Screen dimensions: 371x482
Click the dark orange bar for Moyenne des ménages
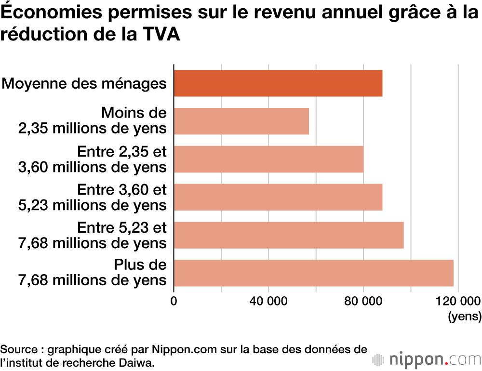(278, 83)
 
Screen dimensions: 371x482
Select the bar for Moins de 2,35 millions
(241, 121)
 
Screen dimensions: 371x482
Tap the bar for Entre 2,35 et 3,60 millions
(268, 159)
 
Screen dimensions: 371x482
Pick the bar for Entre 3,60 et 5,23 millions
(278, 197)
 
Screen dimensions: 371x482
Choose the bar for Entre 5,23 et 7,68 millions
(289, 235)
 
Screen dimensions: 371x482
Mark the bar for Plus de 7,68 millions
(313, 273)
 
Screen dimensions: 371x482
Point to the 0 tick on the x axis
(174, 302)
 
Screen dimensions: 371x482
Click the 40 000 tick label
(268, 302)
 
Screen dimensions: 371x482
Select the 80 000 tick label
(363, 302)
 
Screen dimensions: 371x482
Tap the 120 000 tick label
(457, 302)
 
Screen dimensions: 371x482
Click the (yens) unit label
(465, 317)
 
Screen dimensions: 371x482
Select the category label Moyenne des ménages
(84, 83)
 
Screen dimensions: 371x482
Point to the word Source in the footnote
(17, 349)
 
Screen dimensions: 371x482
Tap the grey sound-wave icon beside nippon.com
(378, 359)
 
